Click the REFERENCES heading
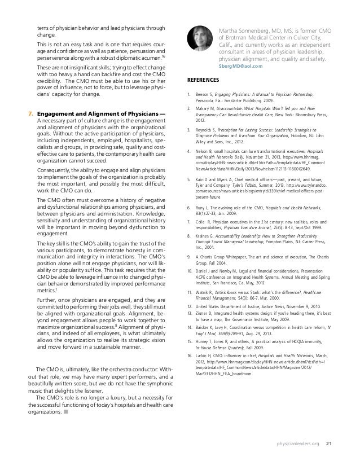pyautogui.click(x=205, y=80)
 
